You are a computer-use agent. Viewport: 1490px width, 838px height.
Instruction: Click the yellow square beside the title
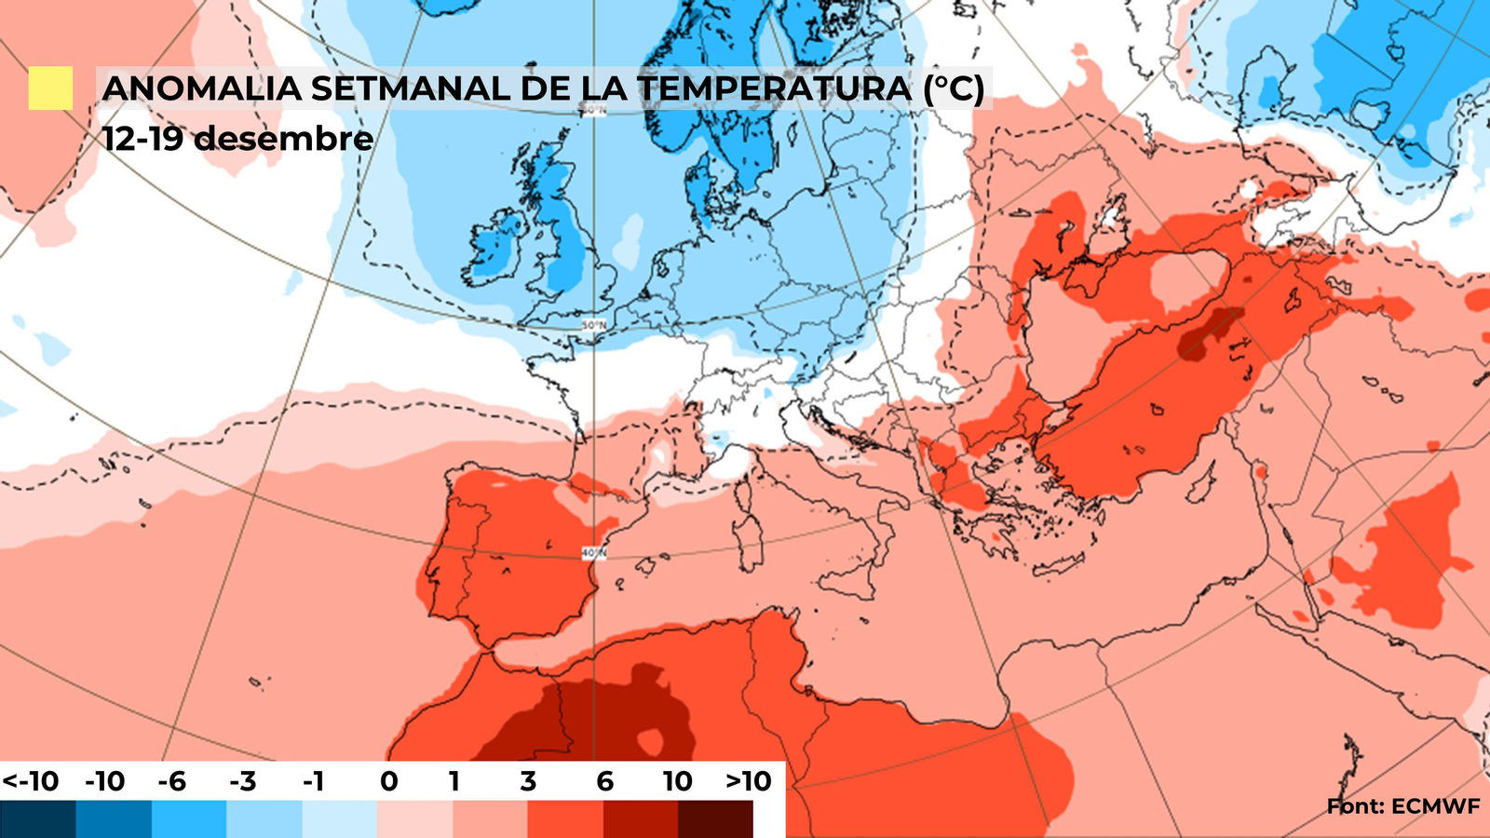click(50, 88)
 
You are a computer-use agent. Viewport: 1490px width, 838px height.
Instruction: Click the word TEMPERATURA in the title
click(775, 88)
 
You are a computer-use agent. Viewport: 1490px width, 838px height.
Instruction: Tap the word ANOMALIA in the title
click(201, 88)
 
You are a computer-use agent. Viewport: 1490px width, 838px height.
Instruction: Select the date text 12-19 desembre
click(237, 139)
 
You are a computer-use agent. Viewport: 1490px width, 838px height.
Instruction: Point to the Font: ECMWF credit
click(1403, 806)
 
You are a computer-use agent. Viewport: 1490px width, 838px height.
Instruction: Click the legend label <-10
click(30, 781)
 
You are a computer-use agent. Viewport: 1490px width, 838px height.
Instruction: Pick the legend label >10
click(749, 781)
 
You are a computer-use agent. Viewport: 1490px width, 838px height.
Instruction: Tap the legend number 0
click(389, 781)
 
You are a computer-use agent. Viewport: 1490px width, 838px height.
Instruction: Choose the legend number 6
click(604, 781)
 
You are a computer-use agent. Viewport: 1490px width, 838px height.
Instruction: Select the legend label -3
click(242, 781)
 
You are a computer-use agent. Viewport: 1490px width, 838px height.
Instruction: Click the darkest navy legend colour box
click(38, 819)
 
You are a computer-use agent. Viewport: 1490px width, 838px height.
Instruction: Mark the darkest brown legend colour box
click(715, 819)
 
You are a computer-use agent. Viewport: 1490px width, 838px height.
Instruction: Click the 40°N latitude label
click(593, 553)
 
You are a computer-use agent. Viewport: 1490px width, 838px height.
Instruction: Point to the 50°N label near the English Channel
click(593, 325)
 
